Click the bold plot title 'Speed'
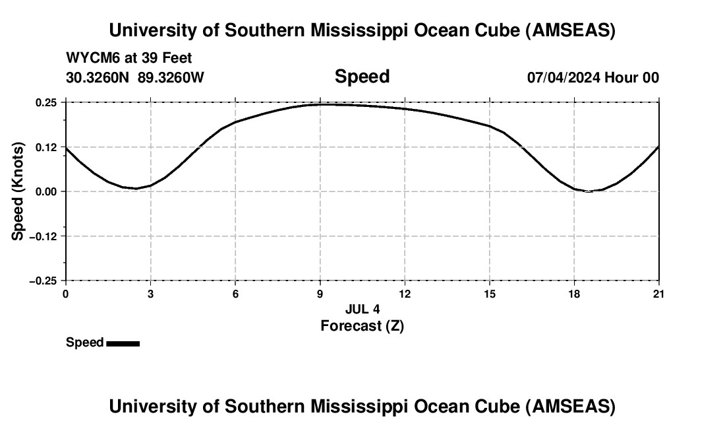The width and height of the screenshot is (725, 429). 362,77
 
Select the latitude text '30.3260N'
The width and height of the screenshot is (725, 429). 98,77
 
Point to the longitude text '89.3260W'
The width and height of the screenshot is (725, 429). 171,77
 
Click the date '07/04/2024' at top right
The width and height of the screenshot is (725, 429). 564,77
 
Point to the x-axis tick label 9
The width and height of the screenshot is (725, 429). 320,294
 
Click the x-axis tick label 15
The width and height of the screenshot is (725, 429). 489,294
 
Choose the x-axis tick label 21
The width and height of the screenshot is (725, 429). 658,294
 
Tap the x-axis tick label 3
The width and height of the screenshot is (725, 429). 150,294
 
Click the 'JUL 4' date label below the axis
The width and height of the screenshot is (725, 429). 362,309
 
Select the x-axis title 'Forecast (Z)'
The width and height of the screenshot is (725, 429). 362,325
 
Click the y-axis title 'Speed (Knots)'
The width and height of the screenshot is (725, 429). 18,191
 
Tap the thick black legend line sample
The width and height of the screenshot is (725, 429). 123,343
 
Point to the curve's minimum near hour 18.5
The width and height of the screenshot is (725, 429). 588,191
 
